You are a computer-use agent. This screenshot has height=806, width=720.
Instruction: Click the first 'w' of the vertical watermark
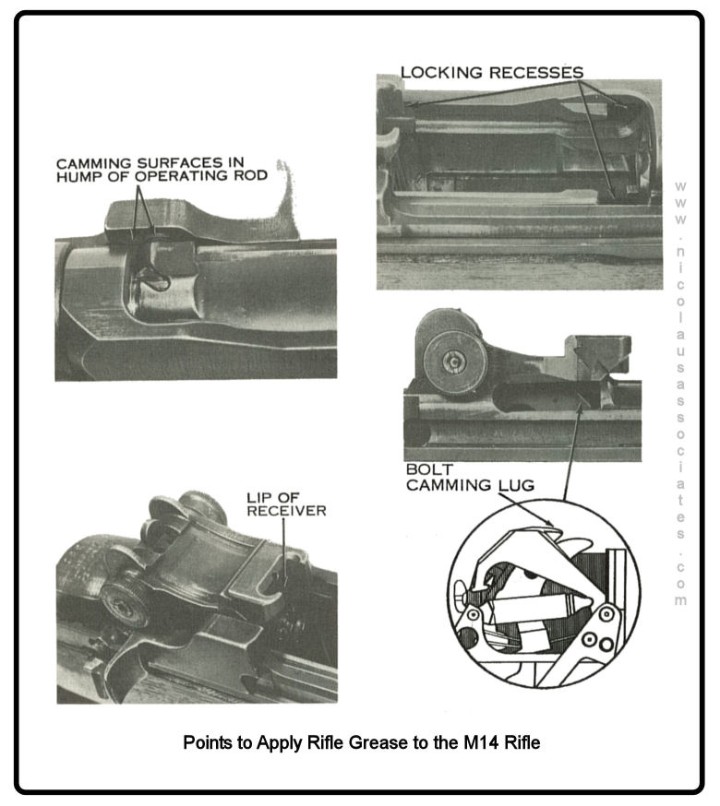pos(680,186)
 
